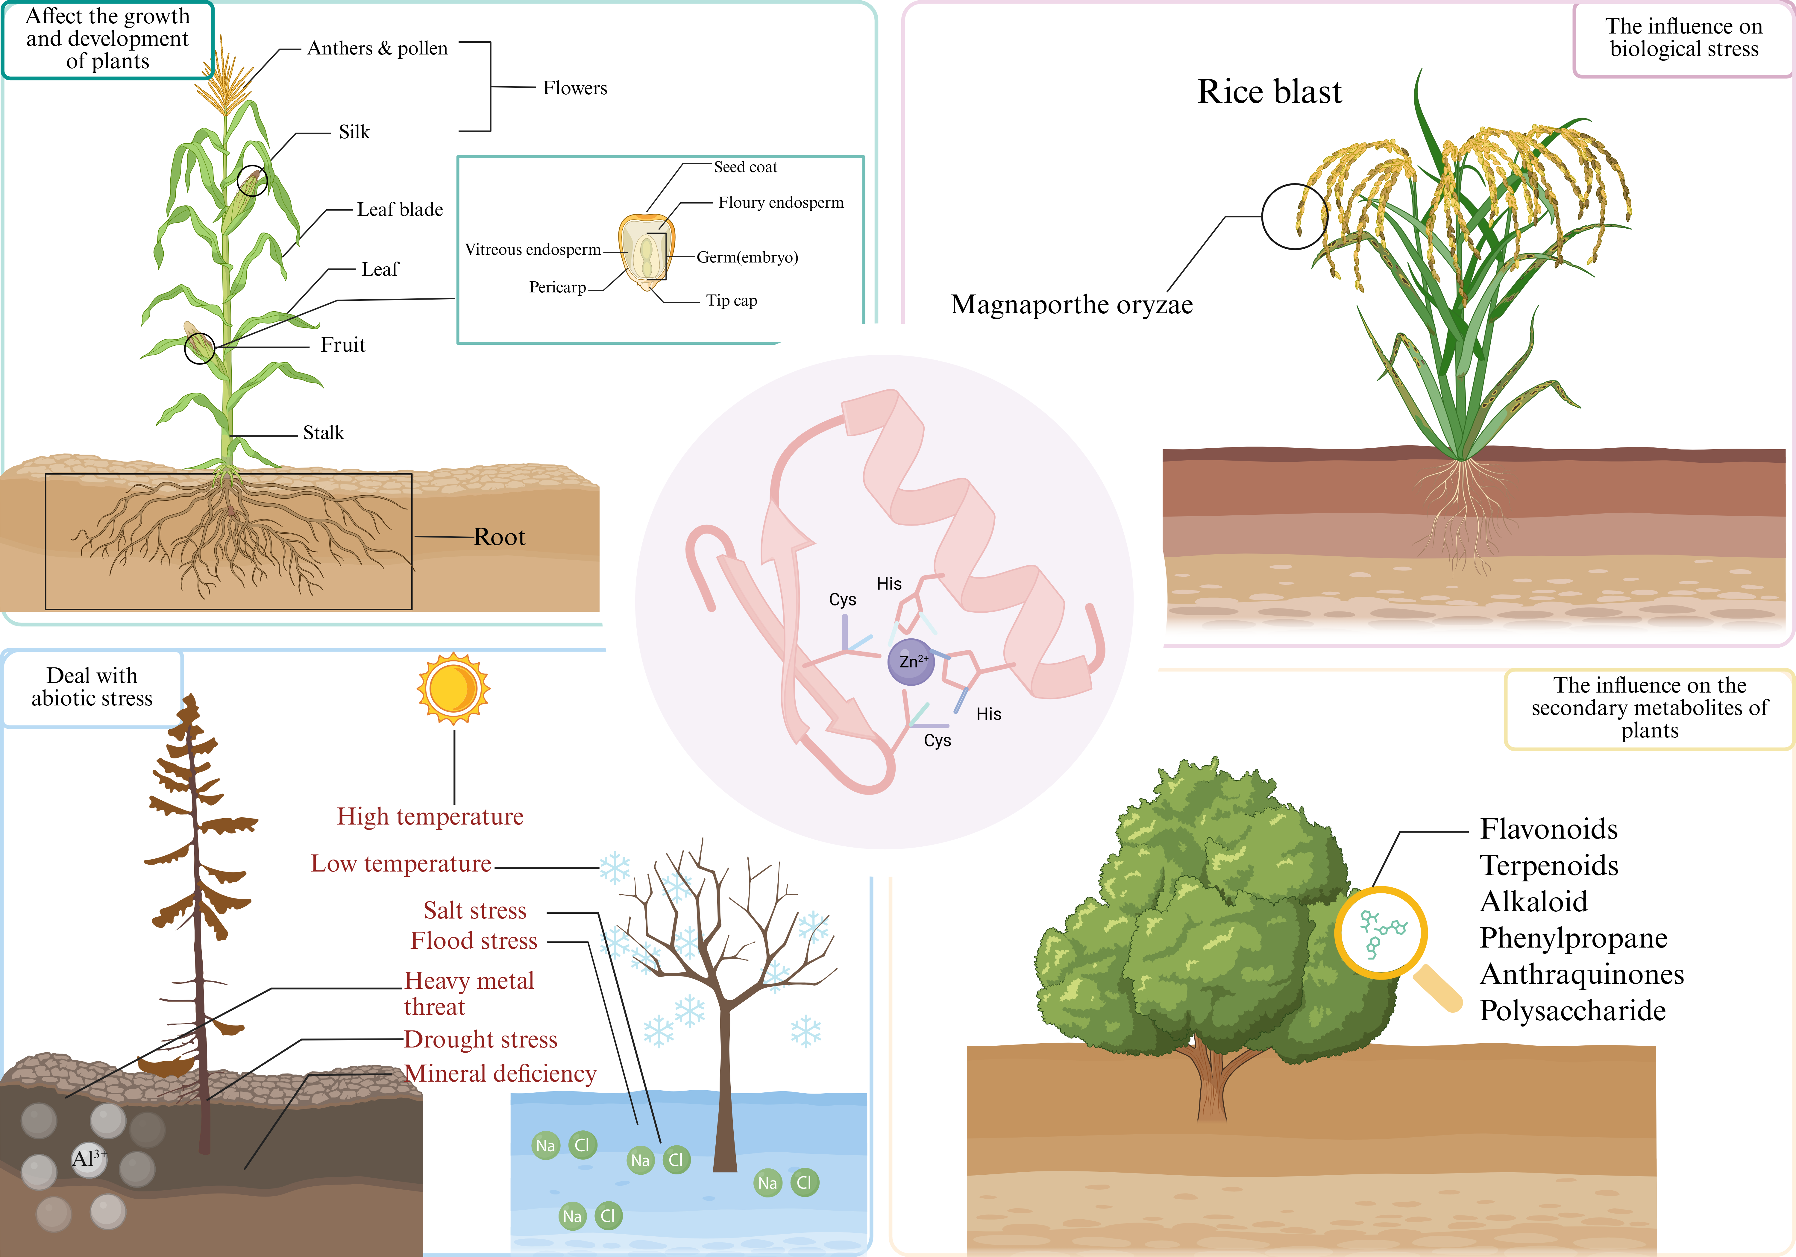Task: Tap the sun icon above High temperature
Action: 454,688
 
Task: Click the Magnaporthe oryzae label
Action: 1072,304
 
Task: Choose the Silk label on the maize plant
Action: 354,132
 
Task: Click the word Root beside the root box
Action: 499,538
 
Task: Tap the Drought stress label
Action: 480,1039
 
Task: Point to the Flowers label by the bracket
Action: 575,88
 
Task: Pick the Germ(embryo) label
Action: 747,257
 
